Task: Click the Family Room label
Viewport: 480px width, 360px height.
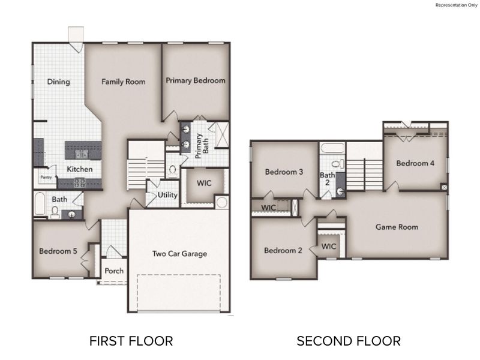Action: (123, 82)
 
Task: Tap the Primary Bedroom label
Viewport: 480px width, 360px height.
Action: (196, 80)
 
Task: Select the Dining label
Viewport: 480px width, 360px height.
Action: (58, 82)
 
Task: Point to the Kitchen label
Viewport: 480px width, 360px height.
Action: (79, 169)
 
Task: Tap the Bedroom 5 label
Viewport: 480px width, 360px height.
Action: (58, 251)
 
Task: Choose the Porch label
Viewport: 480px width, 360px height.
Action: (114, 271)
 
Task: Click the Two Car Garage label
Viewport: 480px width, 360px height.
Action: (179, 254)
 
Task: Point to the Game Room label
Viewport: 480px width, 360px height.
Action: (397, 227)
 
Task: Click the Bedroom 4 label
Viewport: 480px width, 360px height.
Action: (415, 163)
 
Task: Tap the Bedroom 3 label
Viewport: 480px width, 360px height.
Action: (284, 172)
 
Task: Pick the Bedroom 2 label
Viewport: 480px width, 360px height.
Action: (283, 250)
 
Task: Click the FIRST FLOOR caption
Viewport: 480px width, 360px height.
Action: (131, 341)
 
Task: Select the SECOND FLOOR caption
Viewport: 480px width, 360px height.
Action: (349, 341)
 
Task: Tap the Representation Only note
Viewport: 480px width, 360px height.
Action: (455, 5)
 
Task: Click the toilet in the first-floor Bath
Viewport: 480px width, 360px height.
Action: (55, 211)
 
